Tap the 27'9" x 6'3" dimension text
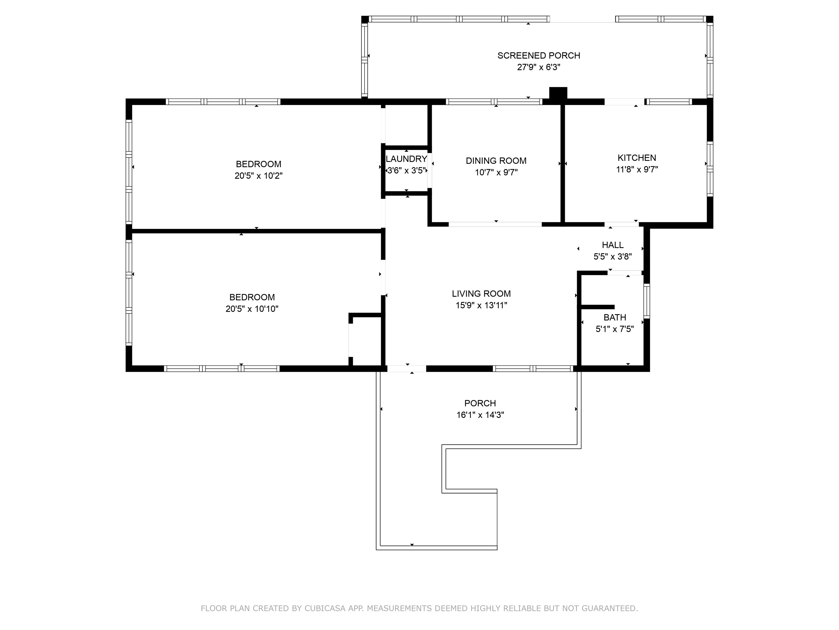[x=539, y=67]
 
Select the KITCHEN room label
[x=637, y=158]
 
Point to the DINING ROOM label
[x=496, y=161]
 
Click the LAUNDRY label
[x=407, y=159]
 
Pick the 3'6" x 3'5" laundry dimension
[x=407, y=170]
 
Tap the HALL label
[x=613, y=245]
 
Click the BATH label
[x=615, y=317]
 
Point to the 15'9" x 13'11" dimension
[x=481, y=305]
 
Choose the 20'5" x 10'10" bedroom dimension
[x=252, y=309]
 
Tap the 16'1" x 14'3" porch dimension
[x=480, y=415]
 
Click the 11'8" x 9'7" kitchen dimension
[x=637, y=169]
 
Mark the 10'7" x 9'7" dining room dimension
[x=496, y=172]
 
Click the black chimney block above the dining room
[x=558, y=94]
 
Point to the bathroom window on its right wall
[x=647, y=301]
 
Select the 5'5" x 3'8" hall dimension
[x=613, y=257]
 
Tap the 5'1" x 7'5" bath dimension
[x=615, y=329]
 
